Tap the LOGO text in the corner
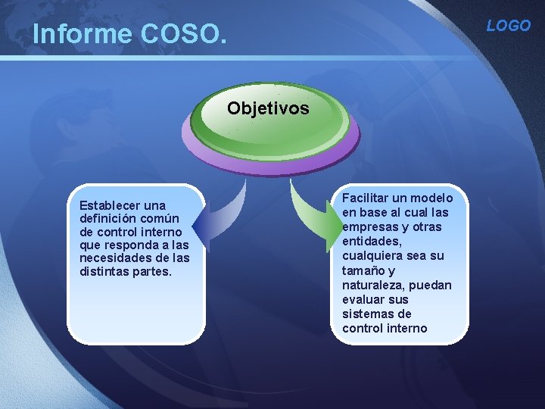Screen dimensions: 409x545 pyautogui.click(x=508, y=26)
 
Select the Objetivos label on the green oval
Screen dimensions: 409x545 pyautogui.click(x=268, y=108)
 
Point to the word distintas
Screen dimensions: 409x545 pyautogui.click(x=104, y=270)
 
